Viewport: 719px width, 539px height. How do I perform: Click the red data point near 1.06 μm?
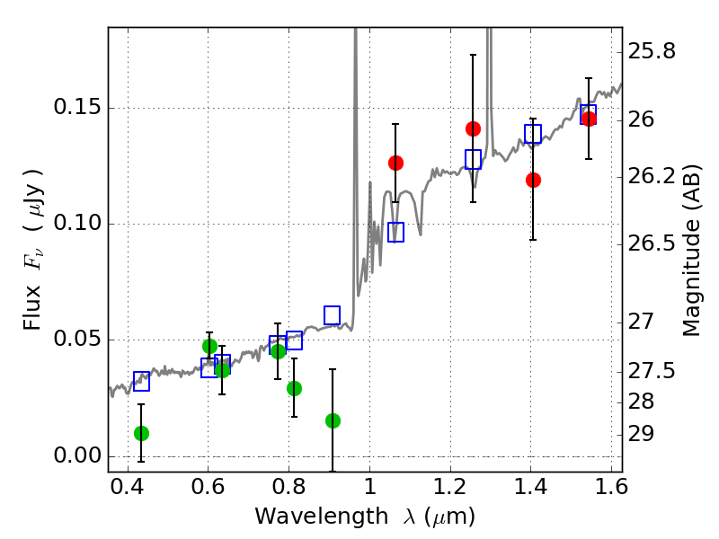pyautogui.click(x=395, y=163)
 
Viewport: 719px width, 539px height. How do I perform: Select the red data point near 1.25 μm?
pyautogui.click(x=473, y=128)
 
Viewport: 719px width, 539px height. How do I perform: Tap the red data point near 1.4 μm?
pyautogui.click(x=533, y=181)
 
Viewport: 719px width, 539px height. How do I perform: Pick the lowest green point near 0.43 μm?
pyautogui.click(x=142, y=433)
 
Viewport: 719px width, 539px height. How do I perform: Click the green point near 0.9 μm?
pyautogui.click(x=333, y=420)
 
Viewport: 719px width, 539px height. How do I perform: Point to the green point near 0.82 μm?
pyautogui.click(x=295, y=389)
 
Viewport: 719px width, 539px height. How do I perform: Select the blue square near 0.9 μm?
pyautogui.click(x=332, y=315)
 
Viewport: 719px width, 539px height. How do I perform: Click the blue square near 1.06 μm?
pyautogui.click(x=395, y=232)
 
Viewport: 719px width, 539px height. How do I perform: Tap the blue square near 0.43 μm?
pyautogui.click(x=141, y=381)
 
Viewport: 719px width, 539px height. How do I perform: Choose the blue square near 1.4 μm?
pyautogui.click(x=533, y=134)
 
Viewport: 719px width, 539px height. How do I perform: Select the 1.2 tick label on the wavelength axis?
pyautogui.click(x=450, y=486)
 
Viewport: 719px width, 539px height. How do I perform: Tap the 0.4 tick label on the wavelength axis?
pyautogui.click(x=127, y=486)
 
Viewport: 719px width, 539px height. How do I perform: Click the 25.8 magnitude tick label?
pyautogui.click(x=652, y=51)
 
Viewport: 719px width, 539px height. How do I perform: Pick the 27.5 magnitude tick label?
pyautogui.click(x=652, y=371)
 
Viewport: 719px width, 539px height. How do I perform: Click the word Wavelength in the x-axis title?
pyautogui.click(x=322, y=517)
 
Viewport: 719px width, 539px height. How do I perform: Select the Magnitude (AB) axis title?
pyautogui.click(x=691, y=251)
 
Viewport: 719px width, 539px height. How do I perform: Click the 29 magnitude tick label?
pyautogui.click(x=641, y=434)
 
